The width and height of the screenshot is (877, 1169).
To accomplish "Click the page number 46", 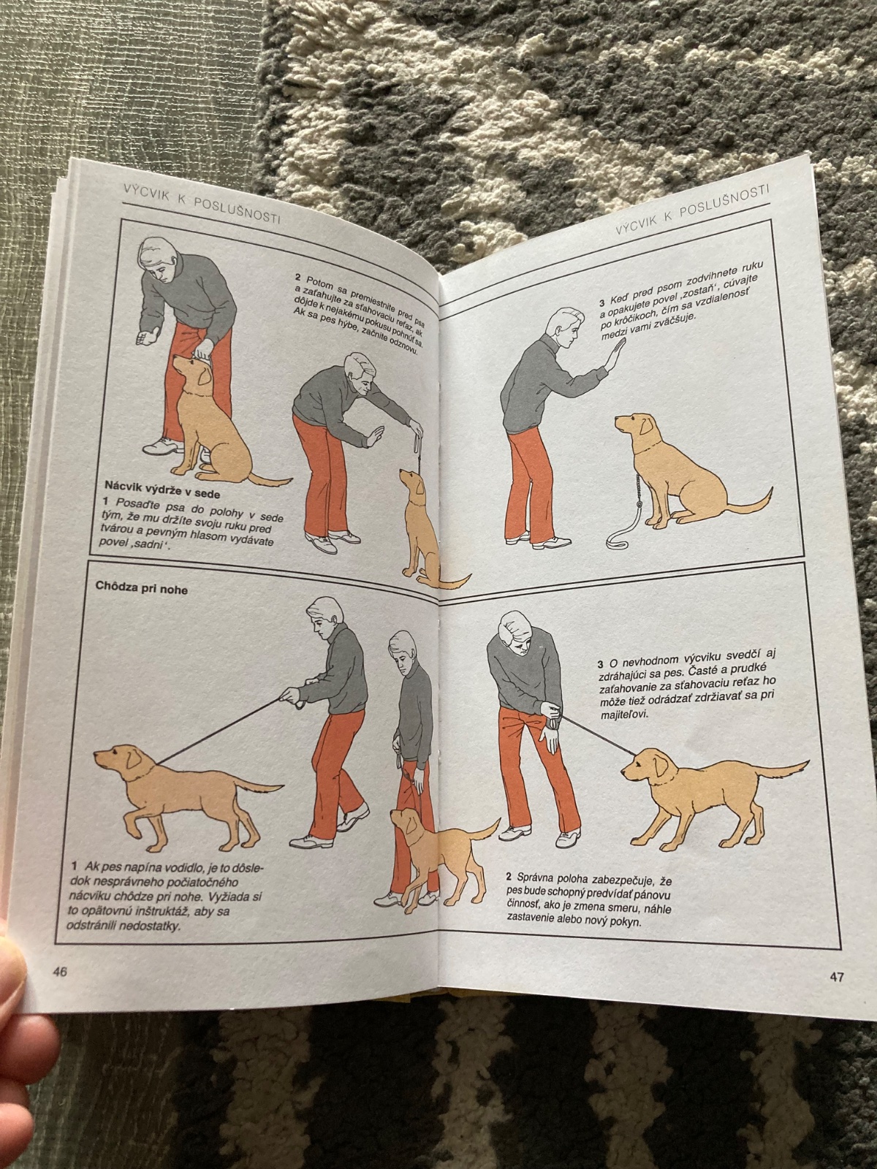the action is click(59, 971).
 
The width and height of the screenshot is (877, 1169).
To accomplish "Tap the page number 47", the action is click(836, 978).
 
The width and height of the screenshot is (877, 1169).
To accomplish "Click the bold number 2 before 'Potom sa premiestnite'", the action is click(297, 277).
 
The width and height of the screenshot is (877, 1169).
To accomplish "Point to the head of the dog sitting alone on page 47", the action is click(634, 426).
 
